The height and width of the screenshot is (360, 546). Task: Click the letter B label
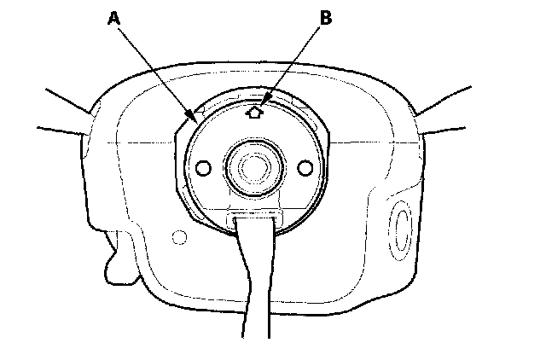click(325, 18)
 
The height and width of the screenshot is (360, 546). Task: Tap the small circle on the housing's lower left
click(178, 235)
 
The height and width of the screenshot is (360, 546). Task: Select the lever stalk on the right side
click(444, 102)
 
